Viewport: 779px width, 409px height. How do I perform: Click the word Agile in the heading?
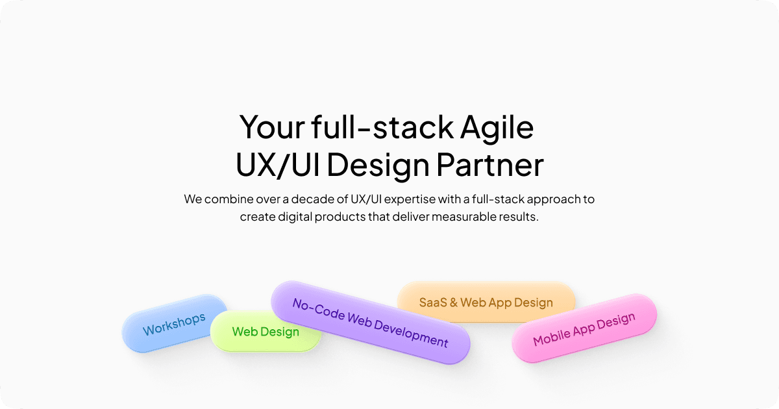point(497,127)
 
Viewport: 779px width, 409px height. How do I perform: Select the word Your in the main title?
point(270,127)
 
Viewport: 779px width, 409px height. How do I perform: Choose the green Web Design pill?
point(266,332)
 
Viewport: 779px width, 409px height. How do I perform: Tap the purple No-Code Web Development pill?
point(370,323)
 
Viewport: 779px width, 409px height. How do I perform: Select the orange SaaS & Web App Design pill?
point(486,303)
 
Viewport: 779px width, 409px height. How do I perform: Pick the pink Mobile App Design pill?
point(584,330)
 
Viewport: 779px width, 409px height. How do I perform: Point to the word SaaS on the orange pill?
point(432,303)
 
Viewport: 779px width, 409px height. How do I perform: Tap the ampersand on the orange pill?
point(454,303)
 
